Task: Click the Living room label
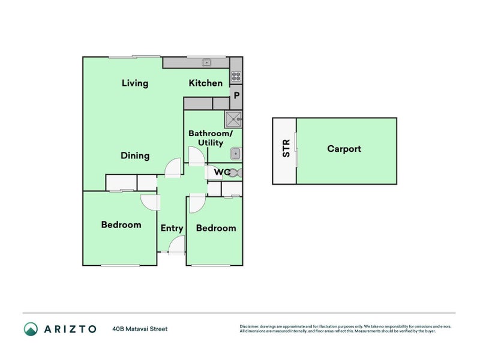point(134,83)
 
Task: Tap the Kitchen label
point(206,83)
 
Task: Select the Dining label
point(134,156)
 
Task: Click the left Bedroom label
point(121,225)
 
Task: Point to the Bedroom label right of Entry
point(215,228)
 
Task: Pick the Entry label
point(172,228)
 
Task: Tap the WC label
point(223,172)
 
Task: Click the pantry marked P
point(236,95)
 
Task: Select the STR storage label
point(286,148)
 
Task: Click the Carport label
point(344,148)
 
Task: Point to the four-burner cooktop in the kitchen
point(236,76)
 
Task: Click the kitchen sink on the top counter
point(207,62)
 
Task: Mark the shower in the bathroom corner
point(233,119)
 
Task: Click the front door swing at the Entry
point(176,245)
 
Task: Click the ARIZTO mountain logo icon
point(31,329)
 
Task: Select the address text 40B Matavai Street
point(139,329)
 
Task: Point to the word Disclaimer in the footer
point(250,326)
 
